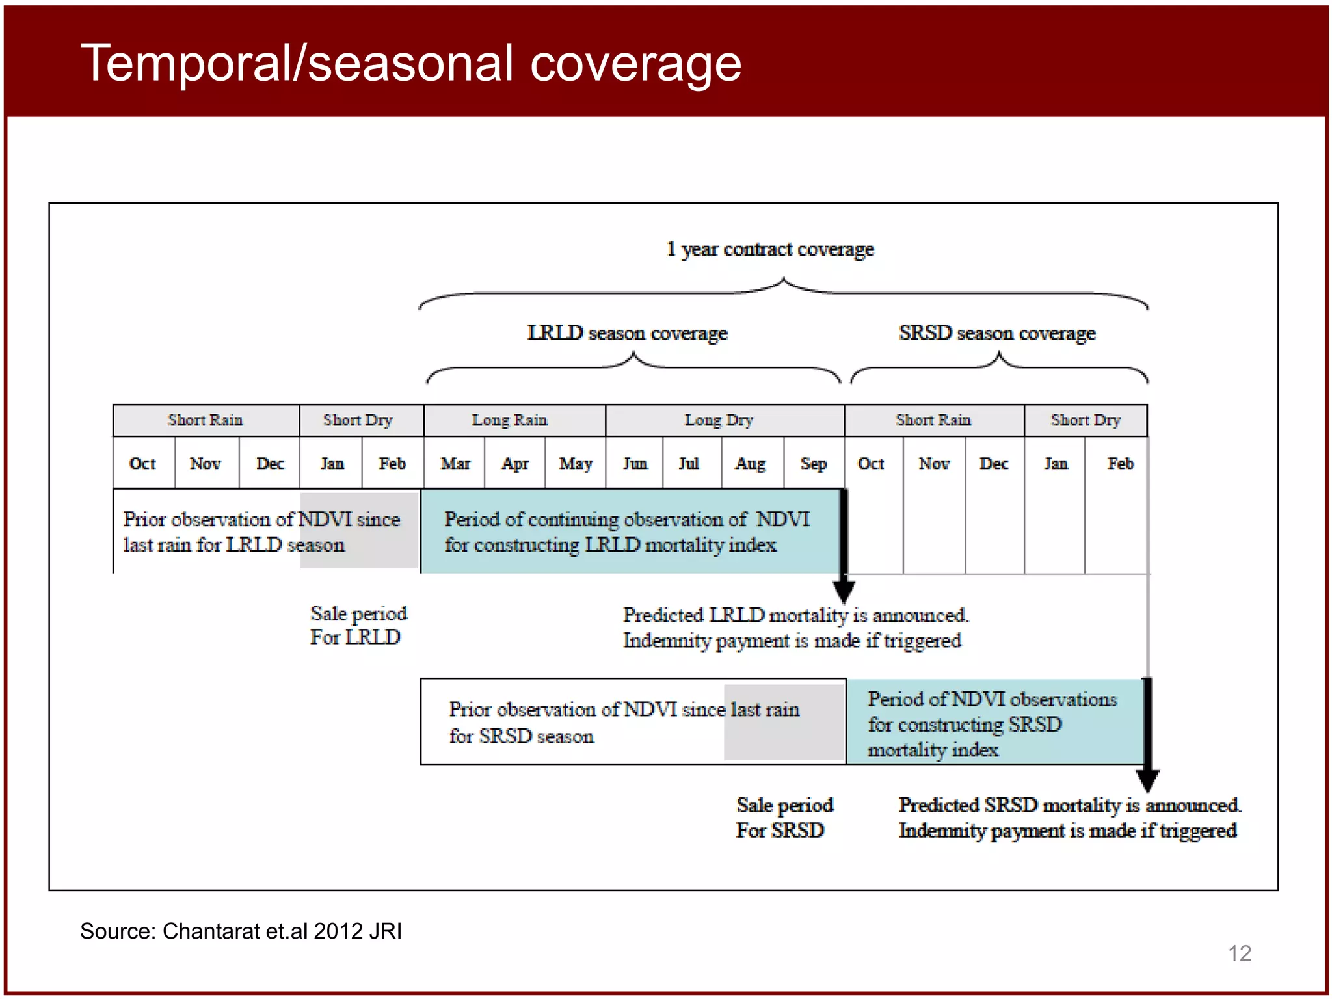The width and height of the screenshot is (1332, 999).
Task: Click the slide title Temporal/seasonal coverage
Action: click(411, 64)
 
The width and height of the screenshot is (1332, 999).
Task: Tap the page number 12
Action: click(1239, 953)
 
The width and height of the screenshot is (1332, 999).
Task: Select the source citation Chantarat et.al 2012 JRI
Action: click(241, 931)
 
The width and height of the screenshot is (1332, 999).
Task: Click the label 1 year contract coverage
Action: click(770, 249)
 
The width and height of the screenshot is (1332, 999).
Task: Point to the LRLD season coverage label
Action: click(627, 333)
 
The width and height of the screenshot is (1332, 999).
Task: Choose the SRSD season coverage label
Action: click(996, 333)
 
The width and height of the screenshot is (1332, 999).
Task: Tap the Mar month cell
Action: click(455, 464)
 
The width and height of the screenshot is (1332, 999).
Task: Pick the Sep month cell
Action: click(814, 464)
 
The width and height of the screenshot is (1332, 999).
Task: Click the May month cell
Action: click(576, 464)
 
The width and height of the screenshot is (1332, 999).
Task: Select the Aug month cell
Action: click(751, 464)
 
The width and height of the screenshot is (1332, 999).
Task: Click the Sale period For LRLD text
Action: click(358, 625)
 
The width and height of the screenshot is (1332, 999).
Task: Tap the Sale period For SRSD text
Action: click(784, 818)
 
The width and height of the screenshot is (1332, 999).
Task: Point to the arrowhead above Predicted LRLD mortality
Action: click(844, 591)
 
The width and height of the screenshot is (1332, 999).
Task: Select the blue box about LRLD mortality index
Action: click(629, 531)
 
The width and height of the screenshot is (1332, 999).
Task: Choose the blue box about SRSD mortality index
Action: click(994, 723)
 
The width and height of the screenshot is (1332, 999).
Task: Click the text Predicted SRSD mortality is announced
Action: click(1069, 805)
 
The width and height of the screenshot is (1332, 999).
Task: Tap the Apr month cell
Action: click(515, 464)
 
